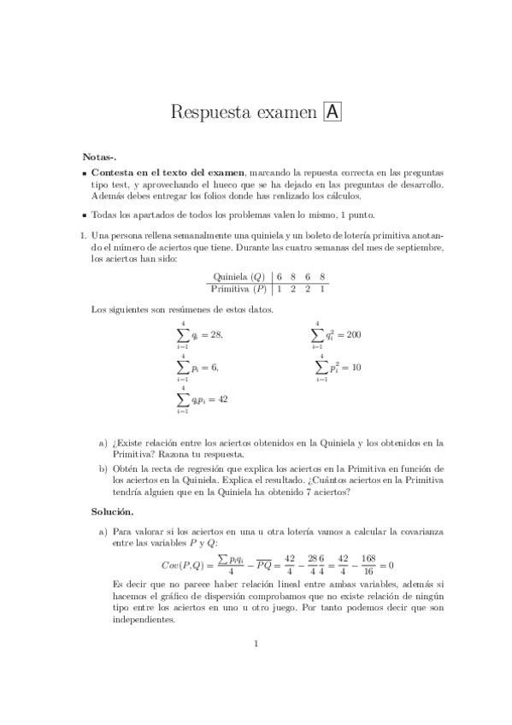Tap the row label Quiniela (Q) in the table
tap(238, 277)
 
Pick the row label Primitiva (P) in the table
tap(237, 289)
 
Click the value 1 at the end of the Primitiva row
tap(321, 289)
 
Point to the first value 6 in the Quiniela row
tap(280, 277)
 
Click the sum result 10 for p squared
tap(356, 367)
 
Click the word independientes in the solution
tap(144, 620)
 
